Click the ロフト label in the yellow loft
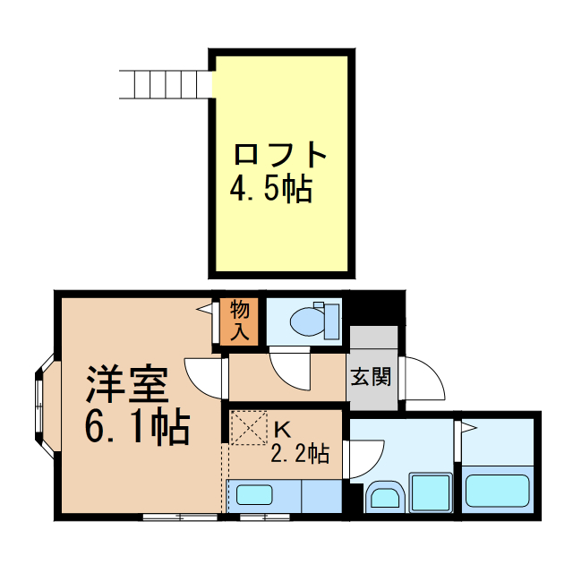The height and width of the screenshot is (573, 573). [279, 154]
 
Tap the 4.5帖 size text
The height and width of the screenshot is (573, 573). [271, 188]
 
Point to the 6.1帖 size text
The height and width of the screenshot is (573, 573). [137, 430]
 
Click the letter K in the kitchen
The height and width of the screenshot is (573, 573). [283, 427]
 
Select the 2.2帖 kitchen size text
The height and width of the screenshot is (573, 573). [300, 454]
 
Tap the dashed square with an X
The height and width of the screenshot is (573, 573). [250, 427]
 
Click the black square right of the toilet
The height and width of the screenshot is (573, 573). [376, 309]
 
